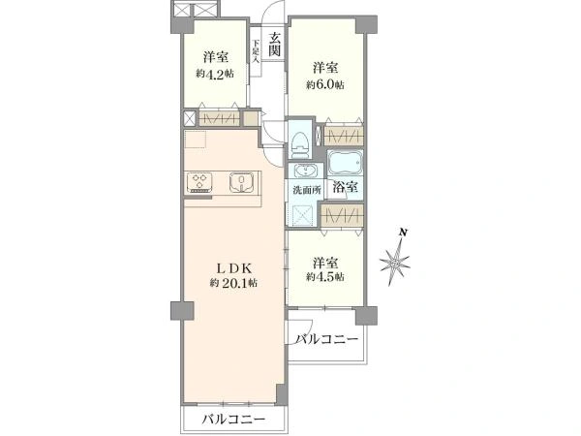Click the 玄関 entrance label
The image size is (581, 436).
274,45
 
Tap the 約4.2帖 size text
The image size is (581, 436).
215,74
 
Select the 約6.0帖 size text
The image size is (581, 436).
325,85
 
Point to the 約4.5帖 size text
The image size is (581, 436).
325,276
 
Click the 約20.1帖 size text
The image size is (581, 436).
233,283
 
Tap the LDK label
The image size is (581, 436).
234,267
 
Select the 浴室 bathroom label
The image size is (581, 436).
345,187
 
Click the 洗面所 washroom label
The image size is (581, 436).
307,191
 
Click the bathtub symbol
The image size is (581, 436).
345,162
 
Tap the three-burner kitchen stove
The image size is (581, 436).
199,183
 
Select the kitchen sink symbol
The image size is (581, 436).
242,182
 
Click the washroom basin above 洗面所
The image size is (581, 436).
305,171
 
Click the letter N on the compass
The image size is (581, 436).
404,233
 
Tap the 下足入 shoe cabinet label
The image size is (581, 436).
256,51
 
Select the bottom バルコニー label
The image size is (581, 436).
233,420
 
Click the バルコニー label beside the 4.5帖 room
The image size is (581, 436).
327,339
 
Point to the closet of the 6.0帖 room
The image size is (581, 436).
344,136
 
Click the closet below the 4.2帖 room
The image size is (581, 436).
218,119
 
